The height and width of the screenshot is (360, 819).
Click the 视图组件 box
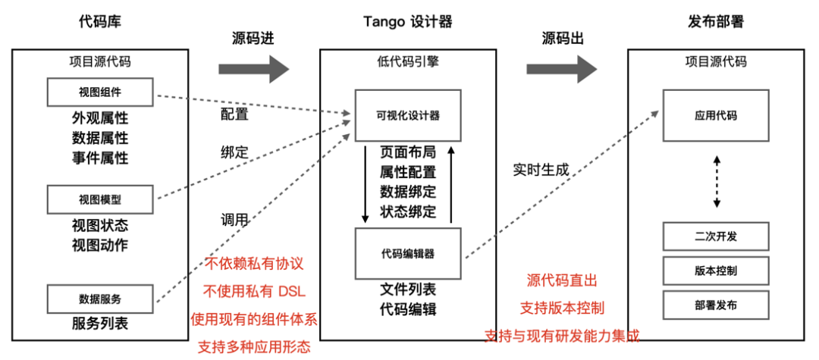coord(100,92)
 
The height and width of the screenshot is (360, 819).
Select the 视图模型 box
coord(100,199)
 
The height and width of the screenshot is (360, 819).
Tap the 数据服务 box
coord(100,299)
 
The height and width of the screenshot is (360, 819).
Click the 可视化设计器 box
coord(408,115)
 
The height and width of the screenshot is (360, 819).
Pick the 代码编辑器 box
coord(408,253)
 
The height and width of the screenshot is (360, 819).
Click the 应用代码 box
coord(716,115)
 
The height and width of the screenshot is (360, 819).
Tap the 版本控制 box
coord(716,271)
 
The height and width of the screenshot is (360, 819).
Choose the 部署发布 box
coord(716,305)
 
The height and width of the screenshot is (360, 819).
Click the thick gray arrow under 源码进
coord(254,70)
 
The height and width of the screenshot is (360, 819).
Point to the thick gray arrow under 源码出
coord(562,70)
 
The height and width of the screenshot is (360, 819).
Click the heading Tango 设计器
coord(407,22)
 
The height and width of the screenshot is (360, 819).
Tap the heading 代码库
coord(100,22)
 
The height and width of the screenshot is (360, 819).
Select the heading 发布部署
coord(716,22)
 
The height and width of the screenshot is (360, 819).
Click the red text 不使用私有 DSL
coord(254,292)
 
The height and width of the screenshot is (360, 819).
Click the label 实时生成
coord(541,170)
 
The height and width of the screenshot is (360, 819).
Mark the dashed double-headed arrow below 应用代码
coord(717,182)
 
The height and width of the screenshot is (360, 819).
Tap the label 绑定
coord(234,152)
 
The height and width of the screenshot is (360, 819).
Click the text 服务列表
coord(100,324)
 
